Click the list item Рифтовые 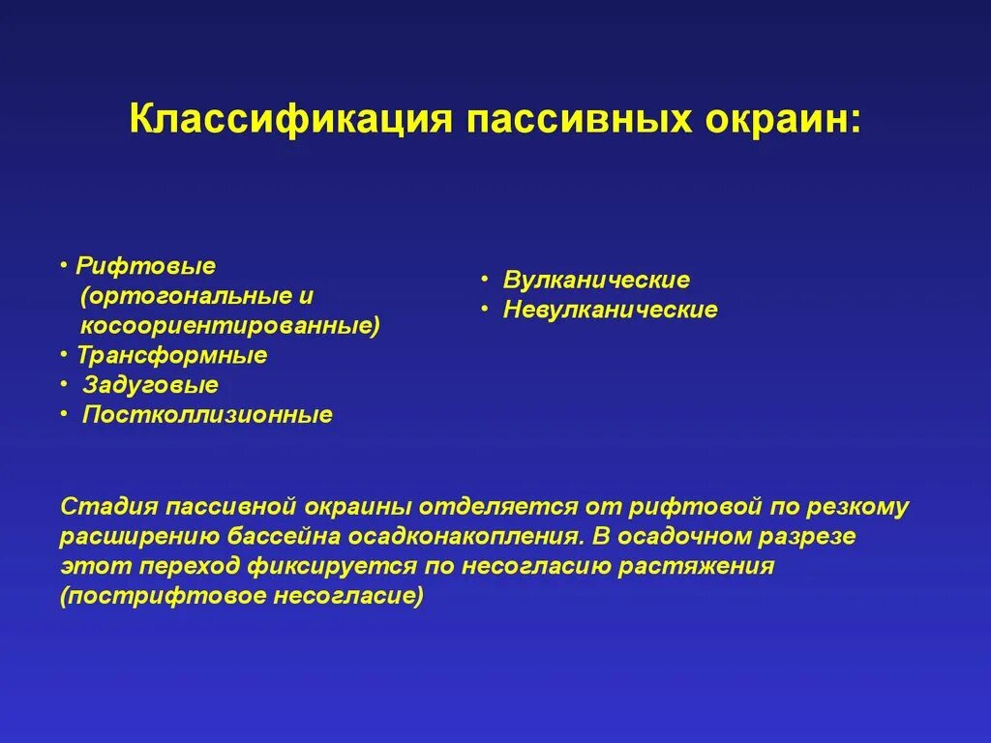146,265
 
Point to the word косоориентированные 230,325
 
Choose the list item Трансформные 172,355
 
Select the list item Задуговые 150,385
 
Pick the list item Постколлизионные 207,415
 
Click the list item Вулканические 596,281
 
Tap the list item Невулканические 610,311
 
